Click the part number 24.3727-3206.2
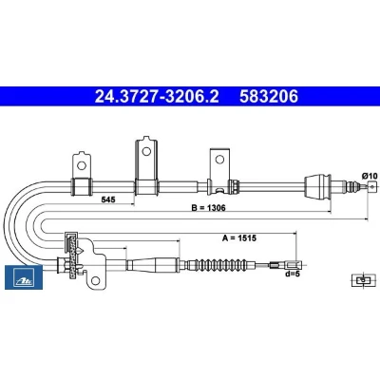coord(157,96)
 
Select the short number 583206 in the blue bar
coord(269,96)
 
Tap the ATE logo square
coord(24,277)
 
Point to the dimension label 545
coord(108,199)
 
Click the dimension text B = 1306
coord(209,208)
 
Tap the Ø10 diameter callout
coord(370,176)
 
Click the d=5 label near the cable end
coord(292,274)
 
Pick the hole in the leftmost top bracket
coord(82,165)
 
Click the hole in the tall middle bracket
coord(146,151)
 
